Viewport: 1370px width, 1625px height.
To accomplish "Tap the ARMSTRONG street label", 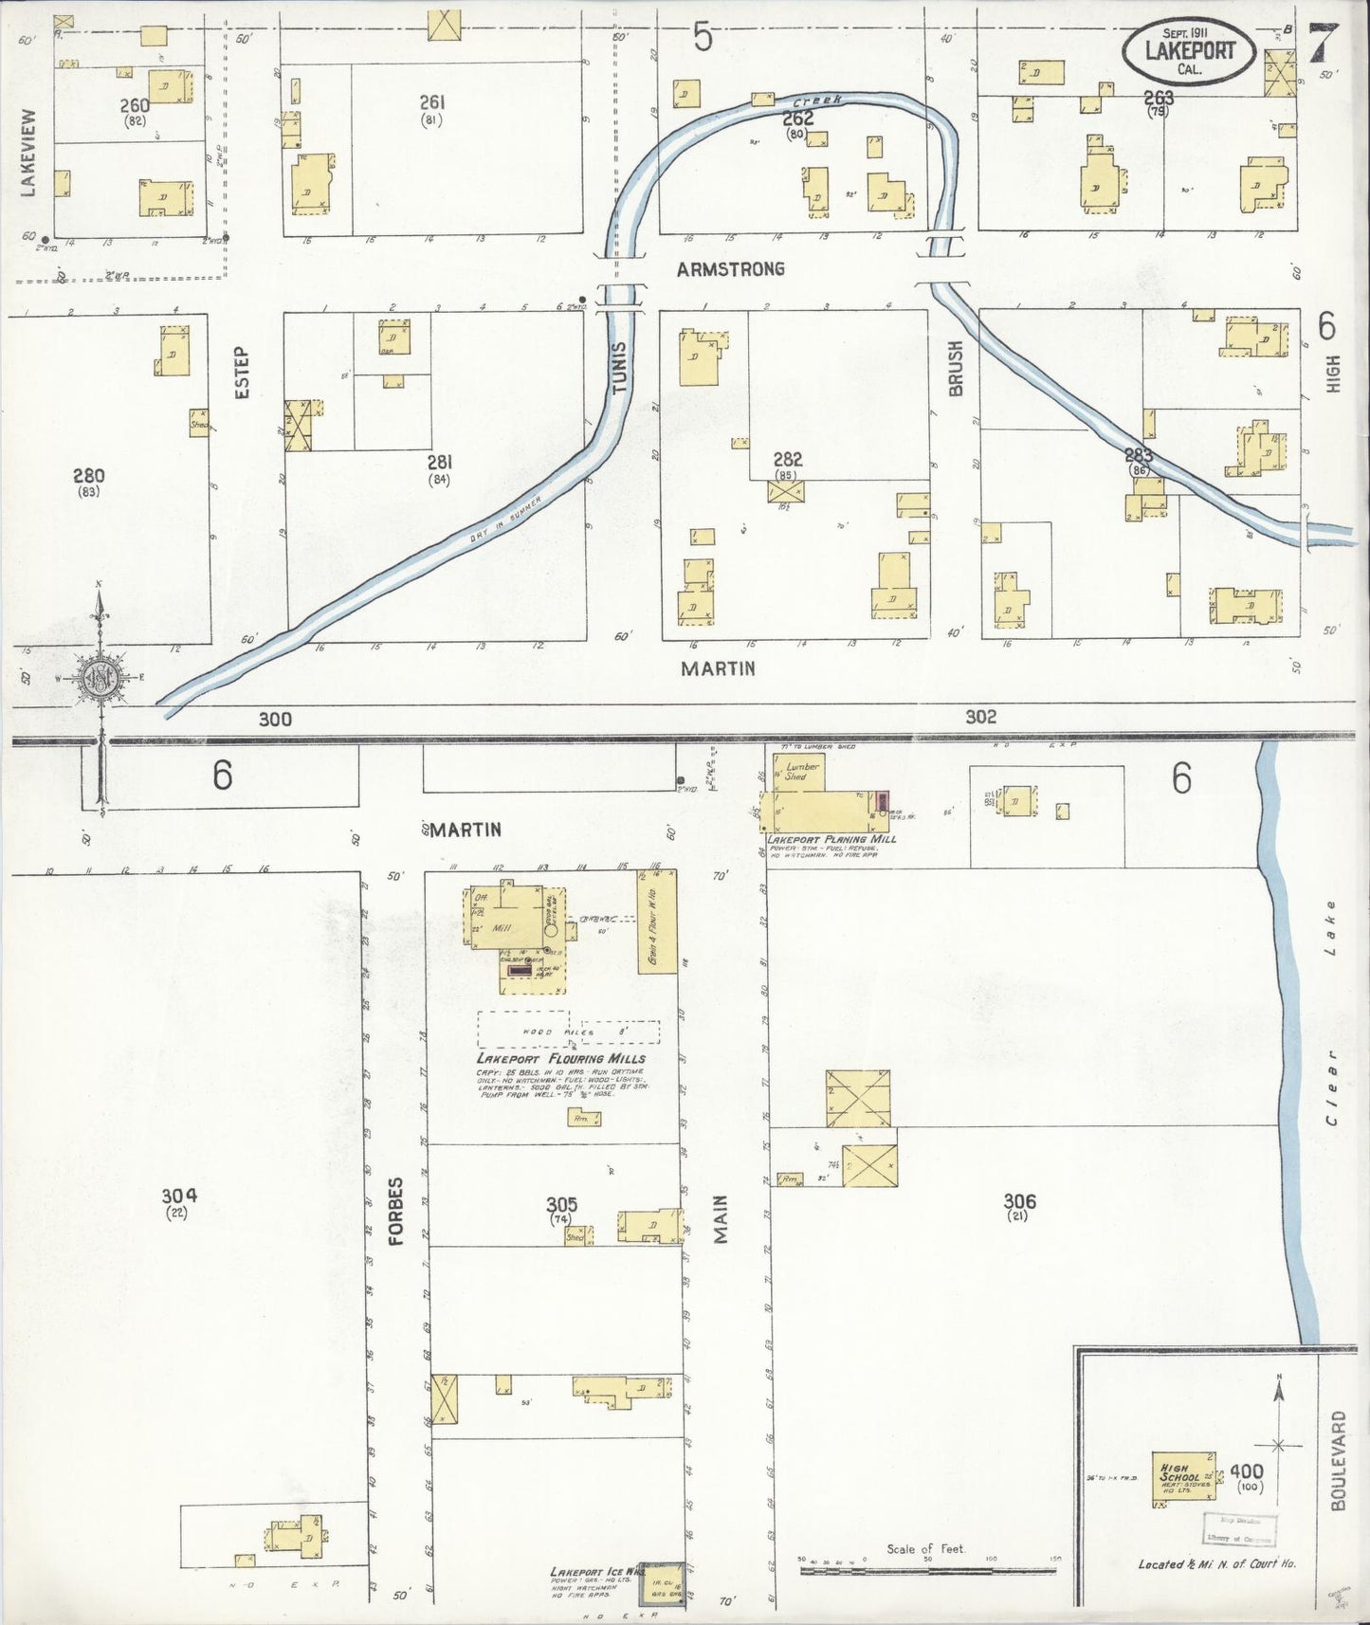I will pyautogui.click(x=730, y=269).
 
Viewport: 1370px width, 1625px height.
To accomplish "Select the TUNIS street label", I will pyautogui.click(x=619, y=367).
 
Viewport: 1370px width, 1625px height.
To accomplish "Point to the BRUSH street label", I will pyautogui.click(x=955, y=368).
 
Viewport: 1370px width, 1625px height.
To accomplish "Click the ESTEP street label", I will pyautogui.click(x=242, y=373).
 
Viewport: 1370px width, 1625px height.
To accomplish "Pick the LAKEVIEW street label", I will pyautogui.click(x=27, y=153).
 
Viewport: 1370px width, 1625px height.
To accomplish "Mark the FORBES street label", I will pyautogui.click(x=395, y=1211).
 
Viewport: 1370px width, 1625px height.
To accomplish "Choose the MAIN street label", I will pyautogui.click(x=721, y=1219).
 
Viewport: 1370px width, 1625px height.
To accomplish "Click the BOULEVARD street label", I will pyautogui.click(x=1338, y=1460).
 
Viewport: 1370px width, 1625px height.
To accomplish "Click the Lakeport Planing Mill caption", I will pyautogui.click(x=831, y=839).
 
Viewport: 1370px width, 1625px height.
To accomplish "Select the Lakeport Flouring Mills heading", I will pyautogui.click(x=561, y=1058).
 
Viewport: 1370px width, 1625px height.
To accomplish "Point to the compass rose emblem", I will pyautogui.click(x=99, y=677).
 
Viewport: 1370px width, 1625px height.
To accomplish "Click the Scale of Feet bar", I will pyautogui.click(x=927, y=1570).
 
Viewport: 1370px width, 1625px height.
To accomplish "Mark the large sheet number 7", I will pyautogui.click(x=1323, y=43).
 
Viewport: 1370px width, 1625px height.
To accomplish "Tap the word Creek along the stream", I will pyautogui.click(x=811, y=100).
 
